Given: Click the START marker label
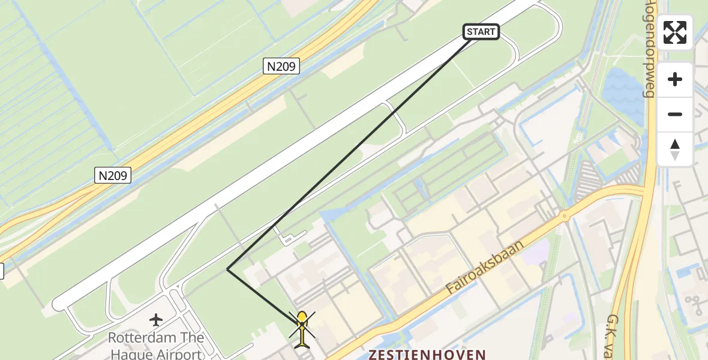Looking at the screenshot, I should pos(481,32).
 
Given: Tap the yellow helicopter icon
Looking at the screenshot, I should pos(302,329).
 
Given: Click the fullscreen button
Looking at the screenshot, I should pos(675,32).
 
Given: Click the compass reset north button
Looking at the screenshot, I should pos(675,149).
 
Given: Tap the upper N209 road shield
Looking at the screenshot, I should pos(281,66).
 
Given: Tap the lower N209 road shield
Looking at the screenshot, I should pos(113,175).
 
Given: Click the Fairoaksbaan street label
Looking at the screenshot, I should pos(485,268).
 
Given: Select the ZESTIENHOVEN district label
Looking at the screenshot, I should pos(427,354).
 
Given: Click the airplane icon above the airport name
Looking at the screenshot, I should pos(157,319).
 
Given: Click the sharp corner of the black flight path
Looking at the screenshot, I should pos(227,269).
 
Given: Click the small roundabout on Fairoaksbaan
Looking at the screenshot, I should pos(564,216).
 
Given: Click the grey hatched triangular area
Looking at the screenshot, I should pos(588,180).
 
